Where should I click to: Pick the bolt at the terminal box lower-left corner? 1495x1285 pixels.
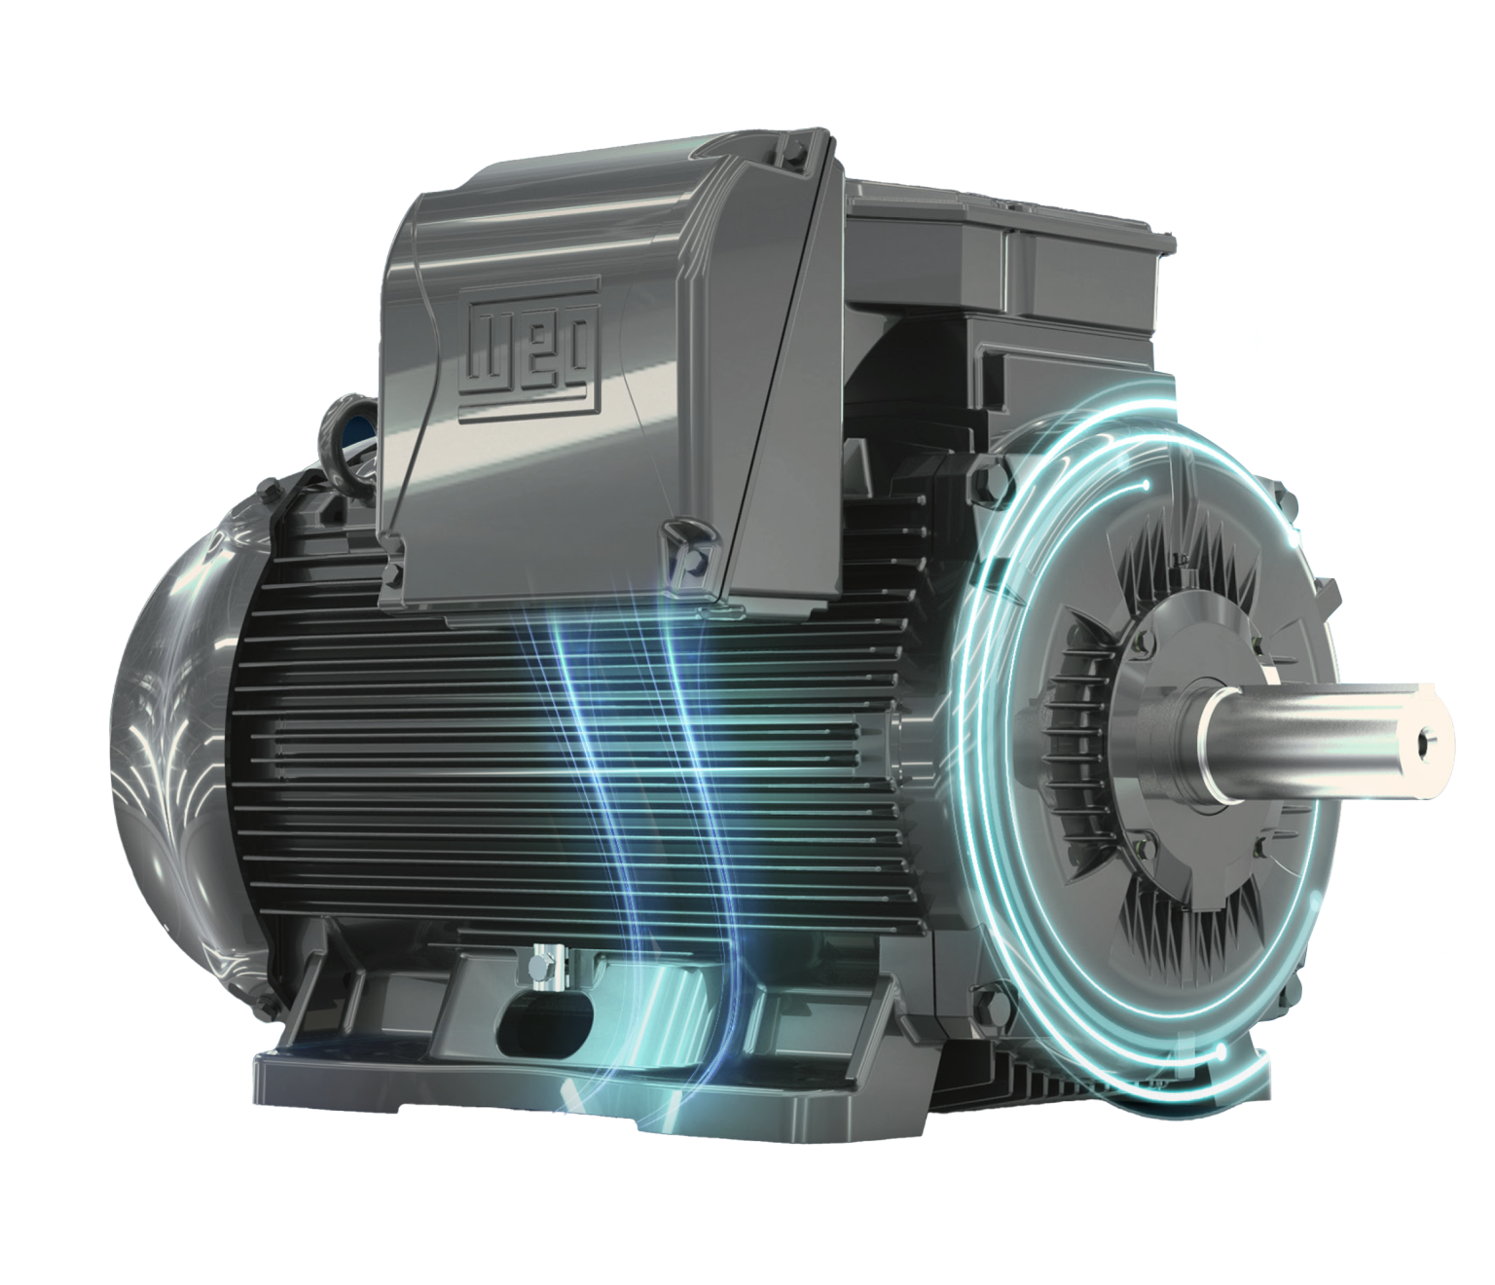[x=395, y=573]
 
